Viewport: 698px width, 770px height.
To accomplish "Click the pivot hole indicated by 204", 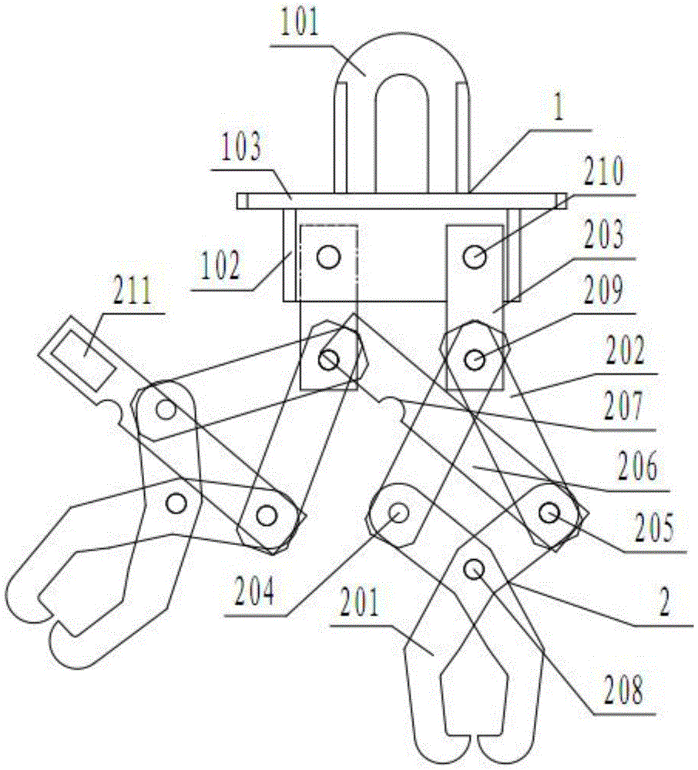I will click(x=398, y=512).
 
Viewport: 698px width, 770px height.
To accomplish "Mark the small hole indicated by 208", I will click(x=475, y=569).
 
